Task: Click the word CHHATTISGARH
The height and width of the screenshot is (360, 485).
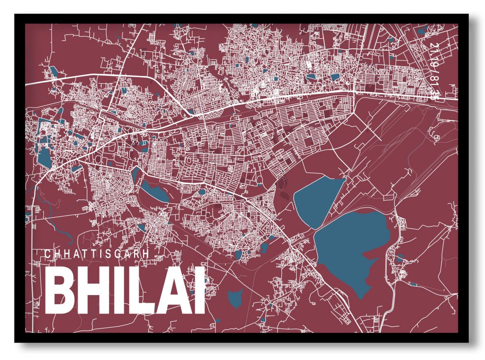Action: coord(97,254)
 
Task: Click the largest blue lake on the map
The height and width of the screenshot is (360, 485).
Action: coord(351,251)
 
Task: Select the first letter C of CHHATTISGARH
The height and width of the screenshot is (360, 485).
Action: coord(47,254)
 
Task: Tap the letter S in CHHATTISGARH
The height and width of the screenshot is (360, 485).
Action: coord(108,254)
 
